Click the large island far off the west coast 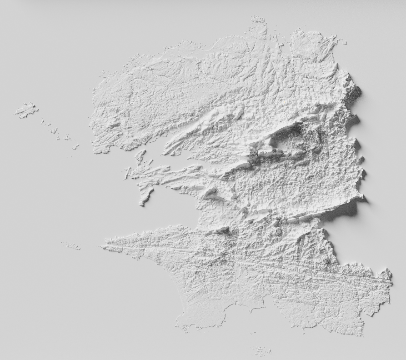[26, 110]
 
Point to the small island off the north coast [257, 20]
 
